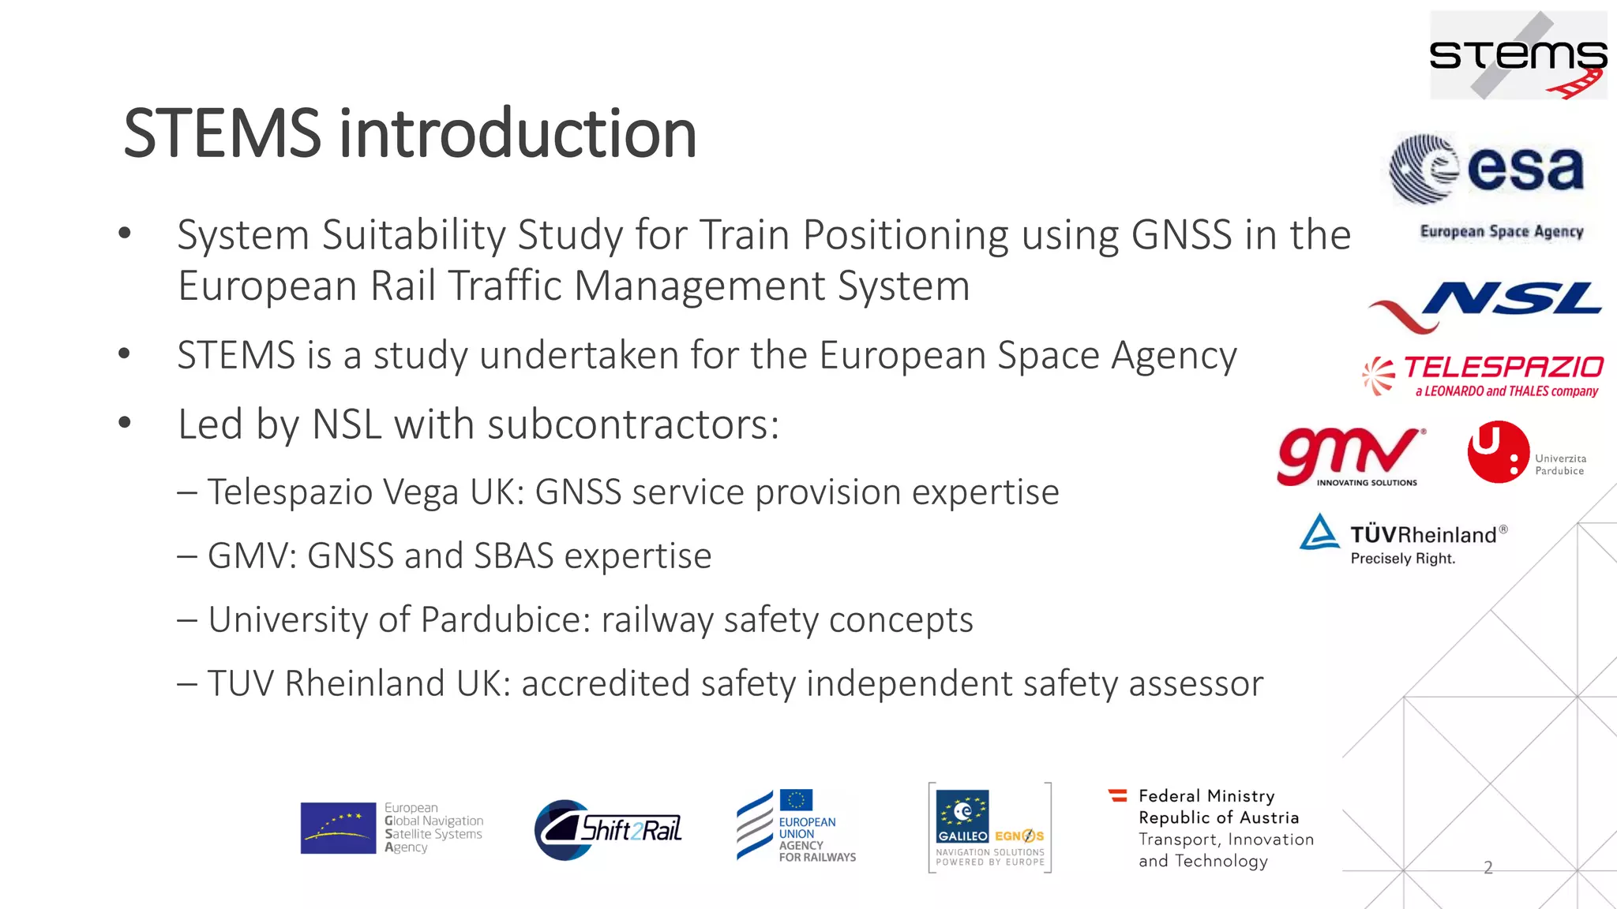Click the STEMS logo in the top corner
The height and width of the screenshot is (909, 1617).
tap(1518, 55)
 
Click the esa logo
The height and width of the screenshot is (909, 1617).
tap(1486, 169)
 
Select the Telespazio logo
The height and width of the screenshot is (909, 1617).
tap(1483, 376)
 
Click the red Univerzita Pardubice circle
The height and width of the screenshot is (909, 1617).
tap(1497, 451)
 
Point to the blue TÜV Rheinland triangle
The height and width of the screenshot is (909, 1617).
tap(1319, 533)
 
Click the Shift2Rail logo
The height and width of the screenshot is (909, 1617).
tap(608, 829)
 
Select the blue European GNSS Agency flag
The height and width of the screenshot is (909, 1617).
tap(338, 828)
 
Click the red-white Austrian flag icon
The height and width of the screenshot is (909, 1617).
tap(1117, 795)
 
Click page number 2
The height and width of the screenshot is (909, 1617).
tap(1488, 867)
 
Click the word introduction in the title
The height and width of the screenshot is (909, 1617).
tap(518, 133)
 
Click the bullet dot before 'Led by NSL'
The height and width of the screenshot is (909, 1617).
tap(124, 423)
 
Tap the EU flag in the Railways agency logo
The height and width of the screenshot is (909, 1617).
tap(796, 800)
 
